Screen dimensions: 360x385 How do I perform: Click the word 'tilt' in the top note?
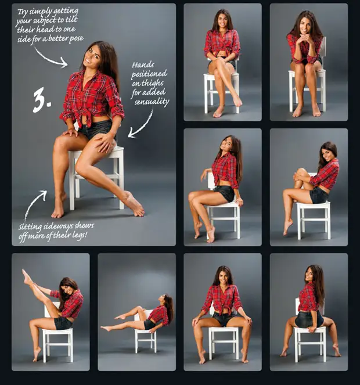coord(71,19)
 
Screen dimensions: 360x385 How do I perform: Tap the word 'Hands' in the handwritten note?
coord(143,65)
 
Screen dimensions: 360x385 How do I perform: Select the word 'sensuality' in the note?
coord(152,102)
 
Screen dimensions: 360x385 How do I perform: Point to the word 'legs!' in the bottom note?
coord(80,235)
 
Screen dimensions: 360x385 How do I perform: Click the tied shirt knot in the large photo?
coord(83,120)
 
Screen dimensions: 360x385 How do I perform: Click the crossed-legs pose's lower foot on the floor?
coord(218,112)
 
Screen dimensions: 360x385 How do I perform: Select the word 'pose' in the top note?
coord(77,39)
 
